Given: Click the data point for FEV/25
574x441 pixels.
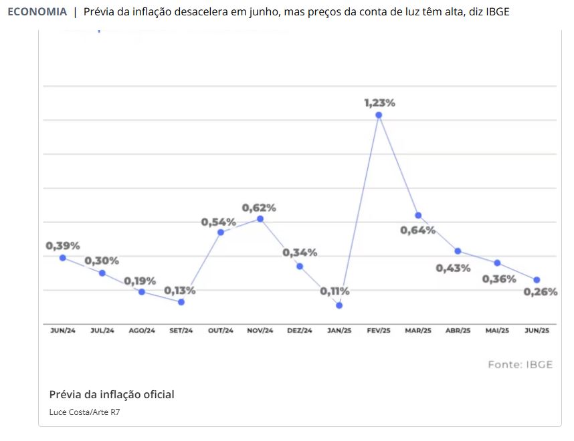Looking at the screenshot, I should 379,115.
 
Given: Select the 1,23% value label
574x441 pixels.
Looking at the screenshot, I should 379,103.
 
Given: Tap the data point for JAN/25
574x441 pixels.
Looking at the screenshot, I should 339,305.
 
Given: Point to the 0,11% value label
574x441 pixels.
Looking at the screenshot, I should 334,291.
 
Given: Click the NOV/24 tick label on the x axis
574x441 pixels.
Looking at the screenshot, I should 260,331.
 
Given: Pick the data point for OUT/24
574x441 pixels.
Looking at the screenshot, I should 220,232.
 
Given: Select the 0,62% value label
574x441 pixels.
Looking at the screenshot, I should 259,208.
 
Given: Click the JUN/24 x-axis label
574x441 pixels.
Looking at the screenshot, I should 63,331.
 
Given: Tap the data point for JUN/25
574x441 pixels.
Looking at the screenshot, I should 537,279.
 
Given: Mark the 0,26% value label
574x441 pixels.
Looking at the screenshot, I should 540,292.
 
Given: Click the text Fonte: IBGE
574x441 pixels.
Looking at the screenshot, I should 520,365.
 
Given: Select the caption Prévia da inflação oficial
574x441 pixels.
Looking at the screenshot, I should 112,394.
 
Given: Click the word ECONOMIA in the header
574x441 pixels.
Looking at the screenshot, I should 37,12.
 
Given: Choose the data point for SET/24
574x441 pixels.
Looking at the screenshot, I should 181,302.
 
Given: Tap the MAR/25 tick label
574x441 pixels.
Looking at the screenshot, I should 418,331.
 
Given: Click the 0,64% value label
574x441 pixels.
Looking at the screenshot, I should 418,231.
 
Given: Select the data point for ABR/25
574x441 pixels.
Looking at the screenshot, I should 458,251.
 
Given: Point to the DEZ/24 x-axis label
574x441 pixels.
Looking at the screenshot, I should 300,331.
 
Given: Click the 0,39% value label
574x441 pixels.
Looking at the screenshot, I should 63,246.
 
